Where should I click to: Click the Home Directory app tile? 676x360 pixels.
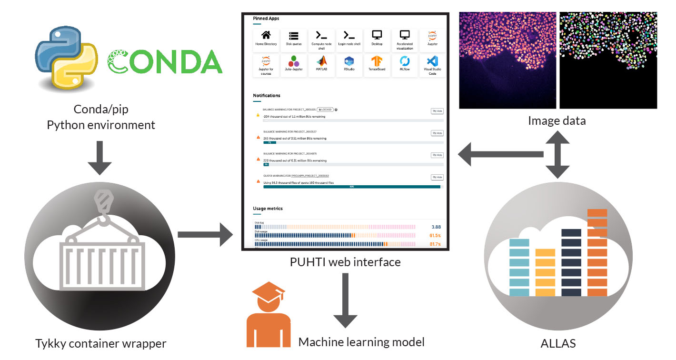tap(266, 38)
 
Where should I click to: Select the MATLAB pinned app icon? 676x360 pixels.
tap(321, 63)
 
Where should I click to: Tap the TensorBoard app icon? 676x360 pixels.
tap(377, 63)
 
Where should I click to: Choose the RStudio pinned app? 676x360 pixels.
tap(349, 63)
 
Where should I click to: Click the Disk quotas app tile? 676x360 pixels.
tap(294, 38)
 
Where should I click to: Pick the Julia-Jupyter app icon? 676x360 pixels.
tap(294, 63)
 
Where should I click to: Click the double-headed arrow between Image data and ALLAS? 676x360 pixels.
tap(557, 153)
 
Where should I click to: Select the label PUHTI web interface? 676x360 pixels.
tap(345, 262)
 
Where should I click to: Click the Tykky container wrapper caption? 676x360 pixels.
tap(101, 344)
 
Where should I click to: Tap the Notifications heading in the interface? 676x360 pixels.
tap(267, 96)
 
